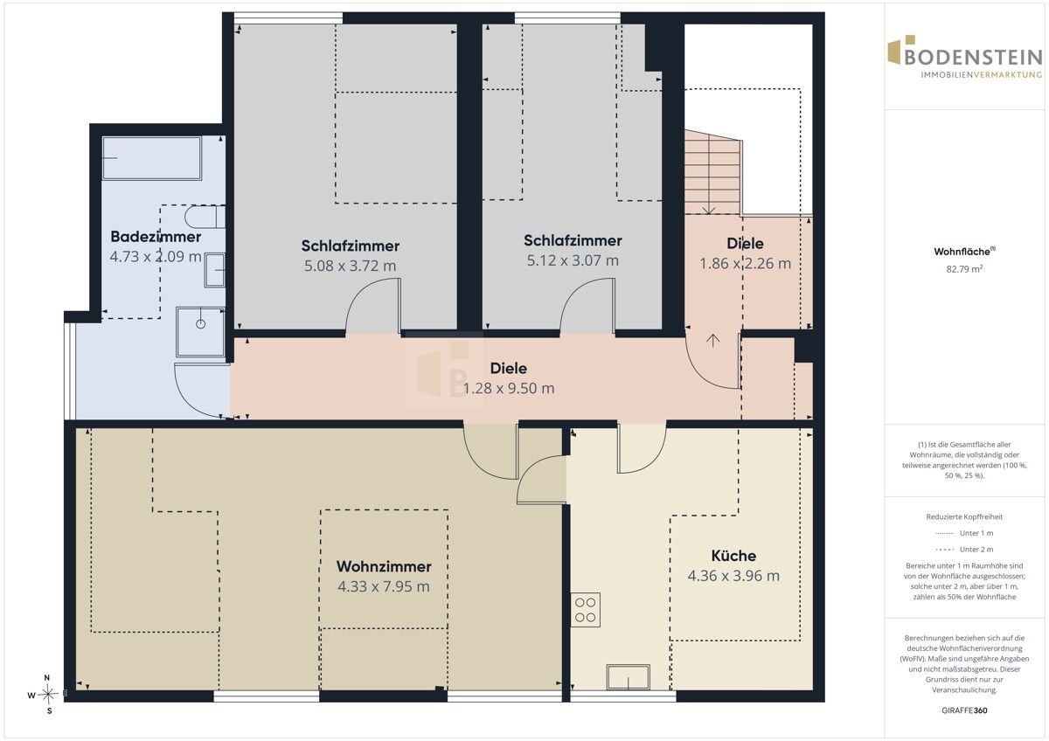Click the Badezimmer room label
coord(156,237)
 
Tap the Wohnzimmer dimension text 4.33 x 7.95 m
coord(384,586)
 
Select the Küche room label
coord(733,556)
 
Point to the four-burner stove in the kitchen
coord(585,610)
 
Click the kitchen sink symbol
coord(628,677)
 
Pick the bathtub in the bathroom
coord(152,158)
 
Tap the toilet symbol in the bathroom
coord(205,217)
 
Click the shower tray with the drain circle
coord(200,332)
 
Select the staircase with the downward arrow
coord(712,172)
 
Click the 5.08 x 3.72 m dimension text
coord(351,266)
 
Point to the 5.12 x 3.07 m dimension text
coord(573,260)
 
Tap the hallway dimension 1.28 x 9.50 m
coord(509,388)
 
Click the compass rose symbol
coord(47,694)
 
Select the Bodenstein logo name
coord(974,58)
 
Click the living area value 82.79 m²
coord(964,268)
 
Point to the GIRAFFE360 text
coord(964,710)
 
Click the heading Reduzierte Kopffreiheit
coord(964,516)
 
